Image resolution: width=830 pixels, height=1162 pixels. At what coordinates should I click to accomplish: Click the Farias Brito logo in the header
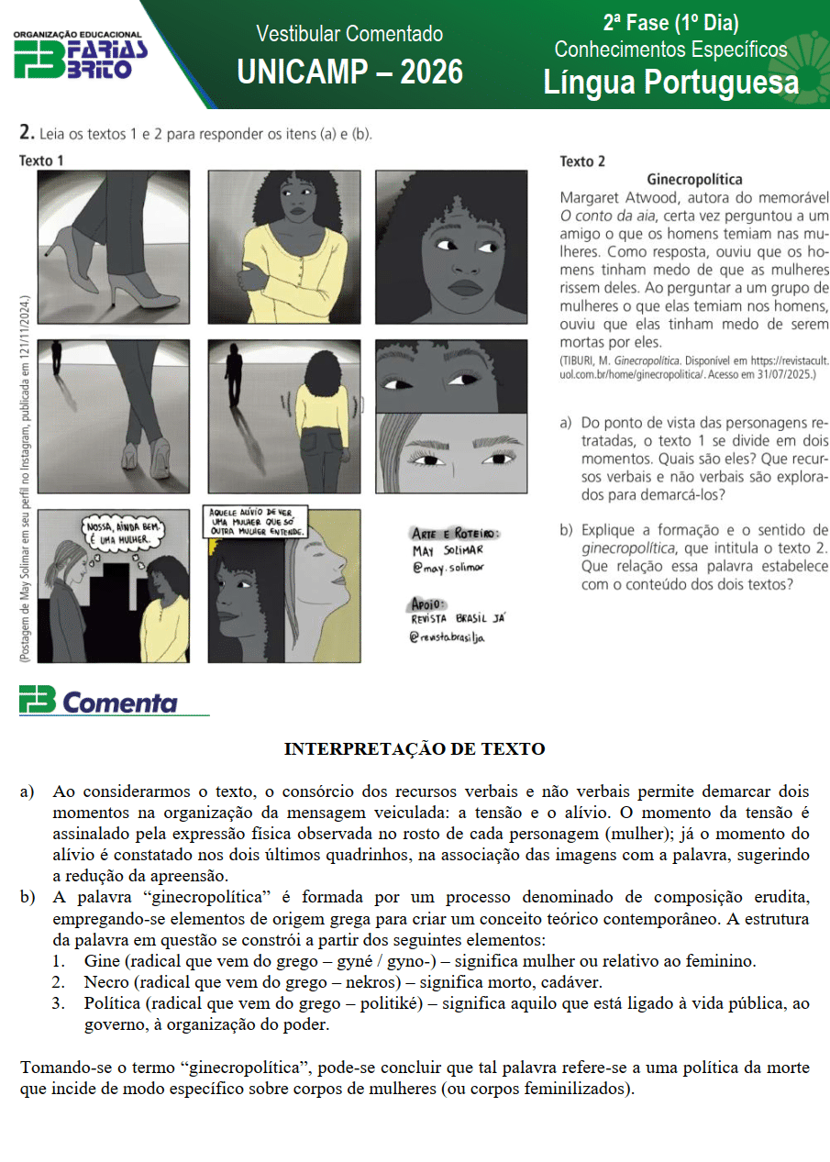click(81, 55)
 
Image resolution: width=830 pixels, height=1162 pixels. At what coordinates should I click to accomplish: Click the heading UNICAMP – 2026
click(349, 71)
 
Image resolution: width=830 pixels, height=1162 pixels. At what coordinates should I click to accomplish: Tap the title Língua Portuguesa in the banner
click(670, 83)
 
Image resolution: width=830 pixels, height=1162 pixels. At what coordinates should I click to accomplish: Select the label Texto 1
click(41, 160)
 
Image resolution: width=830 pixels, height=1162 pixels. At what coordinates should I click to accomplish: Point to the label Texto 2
click(582, 161)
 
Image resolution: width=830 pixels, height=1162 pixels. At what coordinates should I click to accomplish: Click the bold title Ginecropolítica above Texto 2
click(694, 180)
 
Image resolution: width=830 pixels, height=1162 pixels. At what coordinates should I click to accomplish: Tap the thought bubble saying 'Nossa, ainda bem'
click(122, 536)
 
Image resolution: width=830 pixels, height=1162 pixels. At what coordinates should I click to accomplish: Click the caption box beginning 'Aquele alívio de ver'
click(256, 521)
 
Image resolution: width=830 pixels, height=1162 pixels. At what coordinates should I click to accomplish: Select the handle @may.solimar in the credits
click(448, 568)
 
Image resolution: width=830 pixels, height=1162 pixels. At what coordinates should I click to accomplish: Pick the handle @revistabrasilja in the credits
click(447, 636)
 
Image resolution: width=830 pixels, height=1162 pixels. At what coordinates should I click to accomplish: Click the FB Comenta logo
click(98, 702)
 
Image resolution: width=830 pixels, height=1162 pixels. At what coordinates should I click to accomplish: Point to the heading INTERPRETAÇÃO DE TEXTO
click(415, 749)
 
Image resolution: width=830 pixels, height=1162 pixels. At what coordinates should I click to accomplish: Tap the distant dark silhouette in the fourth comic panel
click(57, 358)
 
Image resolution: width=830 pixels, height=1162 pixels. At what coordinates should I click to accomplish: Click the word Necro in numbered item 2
click(106, 982)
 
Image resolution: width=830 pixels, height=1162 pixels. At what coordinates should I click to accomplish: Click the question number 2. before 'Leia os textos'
click(27, 133)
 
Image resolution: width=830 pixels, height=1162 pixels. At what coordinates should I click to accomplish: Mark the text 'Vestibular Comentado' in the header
click(349, 34)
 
